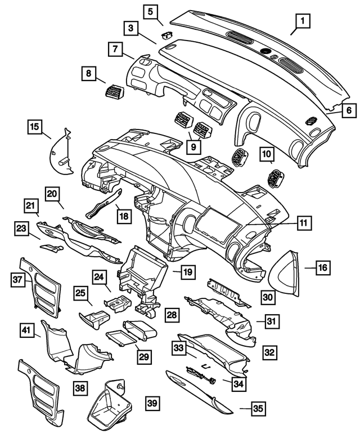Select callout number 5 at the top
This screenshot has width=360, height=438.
point(150,10)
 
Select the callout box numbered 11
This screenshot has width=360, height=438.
point(303,224)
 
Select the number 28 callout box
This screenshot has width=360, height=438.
point(172,313)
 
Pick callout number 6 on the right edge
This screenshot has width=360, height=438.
point(348,111)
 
